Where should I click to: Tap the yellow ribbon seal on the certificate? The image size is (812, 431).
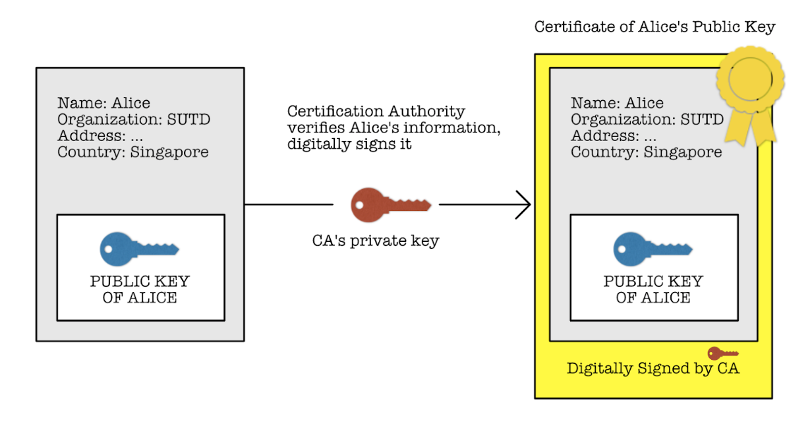(750, 86)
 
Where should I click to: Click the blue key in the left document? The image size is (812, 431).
(139, 248)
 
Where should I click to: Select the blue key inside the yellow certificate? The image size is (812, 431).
(652, 248)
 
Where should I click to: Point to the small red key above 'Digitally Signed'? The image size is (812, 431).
(722, 353)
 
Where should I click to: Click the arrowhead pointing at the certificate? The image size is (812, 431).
(524, 205)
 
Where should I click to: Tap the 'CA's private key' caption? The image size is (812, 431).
(375, 241)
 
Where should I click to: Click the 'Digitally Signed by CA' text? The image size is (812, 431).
(652, 368)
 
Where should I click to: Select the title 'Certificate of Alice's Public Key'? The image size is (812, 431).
(654, 27)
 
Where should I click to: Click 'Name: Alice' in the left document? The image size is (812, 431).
(103, 103)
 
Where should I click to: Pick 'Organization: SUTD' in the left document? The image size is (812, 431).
(134, 119)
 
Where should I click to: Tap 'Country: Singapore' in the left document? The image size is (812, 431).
(132, 152)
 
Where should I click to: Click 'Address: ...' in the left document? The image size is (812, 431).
(100, 136)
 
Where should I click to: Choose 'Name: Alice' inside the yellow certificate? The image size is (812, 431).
(617, 103)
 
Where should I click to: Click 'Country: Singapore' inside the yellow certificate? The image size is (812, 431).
(646, 152)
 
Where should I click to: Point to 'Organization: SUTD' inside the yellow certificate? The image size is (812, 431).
(647, 119)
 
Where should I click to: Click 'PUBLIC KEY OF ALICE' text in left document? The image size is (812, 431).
(140, 289)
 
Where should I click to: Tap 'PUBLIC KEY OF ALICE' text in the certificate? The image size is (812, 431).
(653, 289)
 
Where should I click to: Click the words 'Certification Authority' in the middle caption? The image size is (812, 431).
(376, 111)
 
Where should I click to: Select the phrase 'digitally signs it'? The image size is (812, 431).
(349, 144)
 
